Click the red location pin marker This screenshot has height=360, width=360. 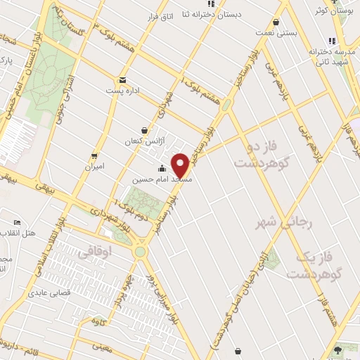[x=181, y=166]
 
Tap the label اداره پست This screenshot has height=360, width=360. [x=120, y=91]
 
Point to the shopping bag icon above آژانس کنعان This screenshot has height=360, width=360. [x=144, y=129]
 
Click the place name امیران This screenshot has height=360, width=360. [x=94, y=167]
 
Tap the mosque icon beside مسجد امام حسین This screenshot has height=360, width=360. [x=162, y=168]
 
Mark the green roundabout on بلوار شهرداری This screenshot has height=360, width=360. [x=140, y=252]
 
